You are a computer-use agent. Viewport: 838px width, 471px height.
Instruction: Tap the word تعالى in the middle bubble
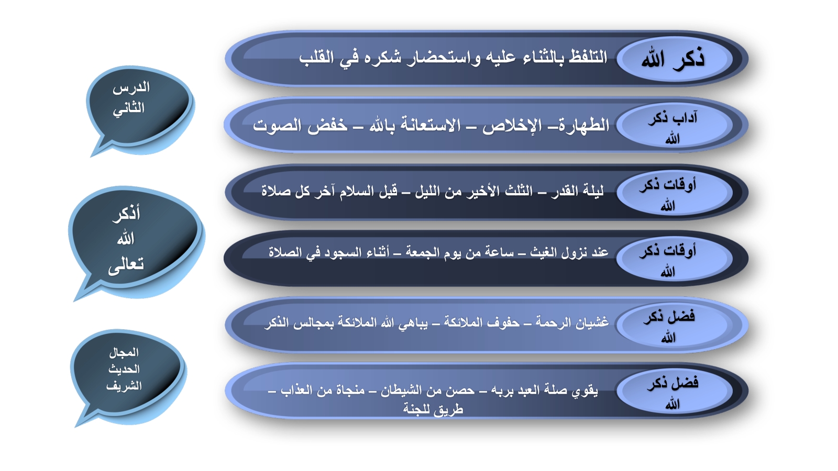tap(126, 265)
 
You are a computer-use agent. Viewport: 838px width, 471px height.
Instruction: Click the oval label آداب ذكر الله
tap(674, 125)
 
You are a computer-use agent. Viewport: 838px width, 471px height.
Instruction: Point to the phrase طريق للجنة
tap(433, 409)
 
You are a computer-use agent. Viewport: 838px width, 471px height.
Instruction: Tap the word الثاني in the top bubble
tap(129, 108)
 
